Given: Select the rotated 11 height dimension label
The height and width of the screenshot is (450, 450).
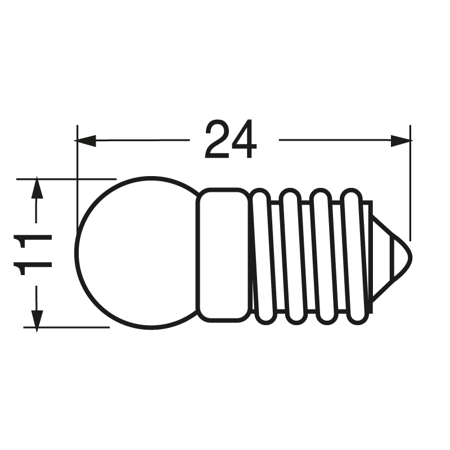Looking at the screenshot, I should (34, 253).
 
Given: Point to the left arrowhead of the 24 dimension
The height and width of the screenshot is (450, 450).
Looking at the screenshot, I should (86, 140).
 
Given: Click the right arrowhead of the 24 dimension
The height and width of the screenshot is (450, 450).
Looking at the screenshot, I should (400, 140).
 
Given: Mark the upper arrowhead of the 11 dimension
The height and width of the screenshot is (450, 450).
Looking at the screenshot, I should (37, 188).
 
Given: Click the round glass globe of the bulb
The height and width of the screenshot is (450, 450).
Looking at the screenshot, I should (135, 253).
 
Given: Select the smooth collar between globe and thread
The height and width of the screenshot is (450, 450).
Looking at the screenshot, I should (223, 254).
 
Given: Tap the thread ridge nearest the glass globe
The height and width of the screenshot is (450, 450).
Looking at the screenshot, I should (262, 256).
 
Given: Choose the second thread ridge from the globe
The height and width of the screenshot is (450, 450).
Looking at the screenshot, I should (292, 256).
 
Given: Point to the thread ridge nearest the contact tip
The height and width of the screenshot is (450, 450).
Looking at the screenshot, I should (353, 256).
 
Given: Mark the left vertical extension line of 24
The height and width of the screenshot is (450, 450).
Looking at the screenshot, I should (76, 180).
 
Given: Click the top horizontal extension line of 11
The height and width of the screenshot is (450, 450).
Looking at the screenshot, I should (67, 179).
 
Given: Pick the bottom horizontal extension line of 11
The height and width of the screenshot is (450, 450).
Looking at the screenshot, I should (67, 327).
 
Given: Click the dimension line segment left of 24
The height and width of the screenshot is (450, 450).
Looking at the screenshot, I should (141, 140).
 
